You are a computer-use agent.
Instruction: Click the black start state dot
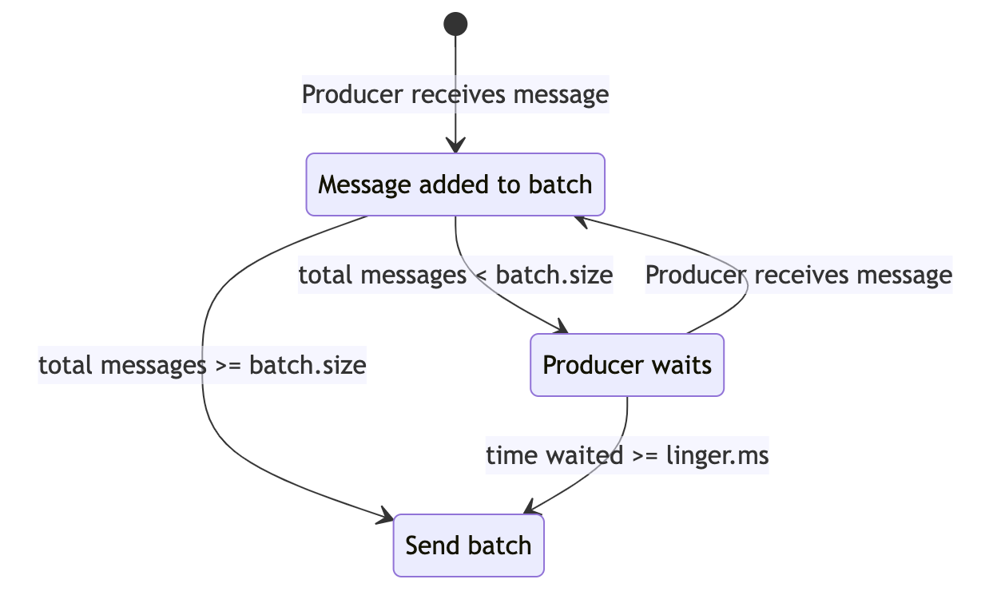coord(455,24)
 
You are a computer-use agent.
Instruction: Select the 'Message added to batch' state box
coord(455,184)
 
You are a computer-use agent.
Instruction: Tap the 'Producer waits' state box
coord(627,365)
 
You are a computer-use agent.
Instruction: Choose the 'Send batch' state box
coord(468,546)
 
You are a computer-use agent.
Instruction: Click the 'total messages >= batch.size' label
coord(202,365)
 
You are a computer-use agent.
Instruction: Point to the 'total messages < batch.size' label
coord(455,275)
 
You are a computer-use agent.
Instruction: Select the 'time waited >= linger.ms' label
coord(627,455)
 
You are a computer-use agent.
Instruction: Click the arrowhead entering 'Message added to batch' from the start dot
coord(455,145)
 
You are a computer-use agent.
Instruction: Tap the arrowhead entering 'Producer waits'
coord(562,327)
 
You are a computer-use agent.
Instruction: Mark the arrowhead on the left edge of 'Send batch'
coord(385,516)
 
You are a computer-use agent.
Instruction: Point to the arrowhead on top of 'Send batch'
coord(529,507)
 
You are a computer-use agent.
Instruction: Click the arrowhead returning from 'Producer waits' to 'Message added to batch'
coord(581,221)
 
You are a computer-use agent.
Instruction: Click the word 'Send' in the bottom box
coord(432,546)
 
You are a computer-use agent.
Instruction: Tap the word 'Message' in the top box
coord(364,185)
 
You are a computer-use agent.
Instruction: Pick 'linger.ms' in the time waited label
coord(717,456)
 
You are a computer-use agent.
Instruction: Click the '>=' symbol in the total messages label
coord(228,366)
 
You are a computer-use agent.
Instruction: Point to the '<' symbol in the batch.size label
coord(481,276)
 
